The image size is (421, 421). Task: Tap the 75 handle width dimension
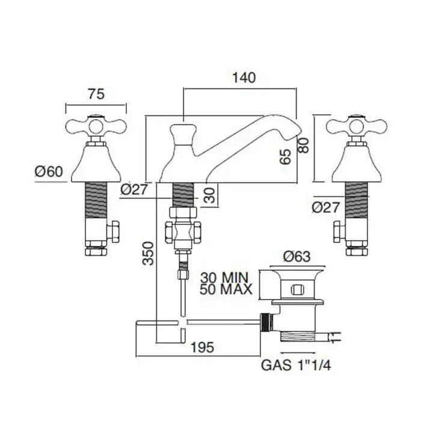point(96,94)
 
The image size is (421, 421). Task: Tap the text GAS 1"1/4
point(296,364)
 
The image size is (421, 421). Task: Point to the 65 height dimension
point(286,156)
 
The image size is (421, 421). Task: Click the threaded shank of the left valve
point(96,199)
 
